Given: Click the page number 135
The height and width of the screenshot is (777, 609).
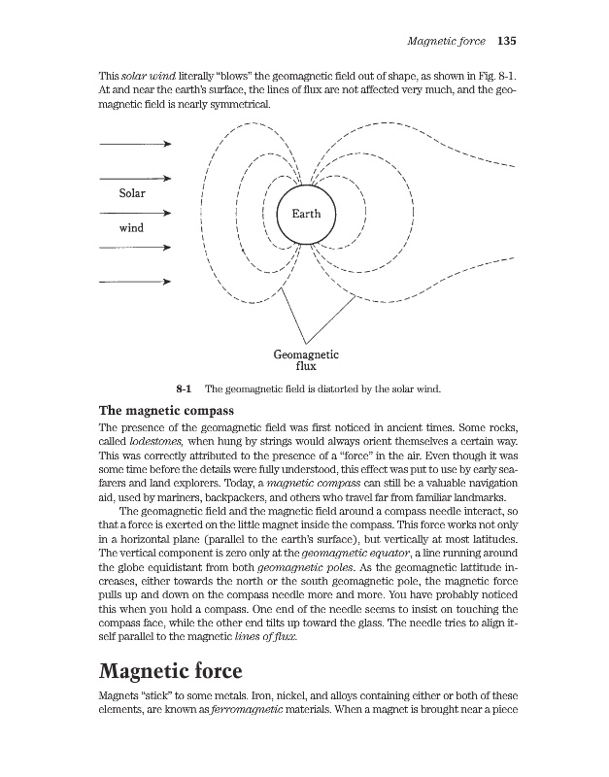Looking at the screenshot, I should (505, 42).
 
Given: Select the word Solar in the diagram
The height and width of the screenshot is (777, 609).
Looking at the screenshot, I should (131, 193).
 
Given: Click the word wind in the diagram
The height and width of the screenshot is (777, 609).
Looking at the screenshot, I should (131, 228).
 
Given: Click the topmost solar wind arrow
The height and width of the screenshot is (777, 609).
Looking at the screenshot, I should (135, 144).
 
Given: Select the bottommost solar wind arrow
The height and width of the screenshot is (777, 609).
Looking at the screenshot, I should (135, 283).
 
